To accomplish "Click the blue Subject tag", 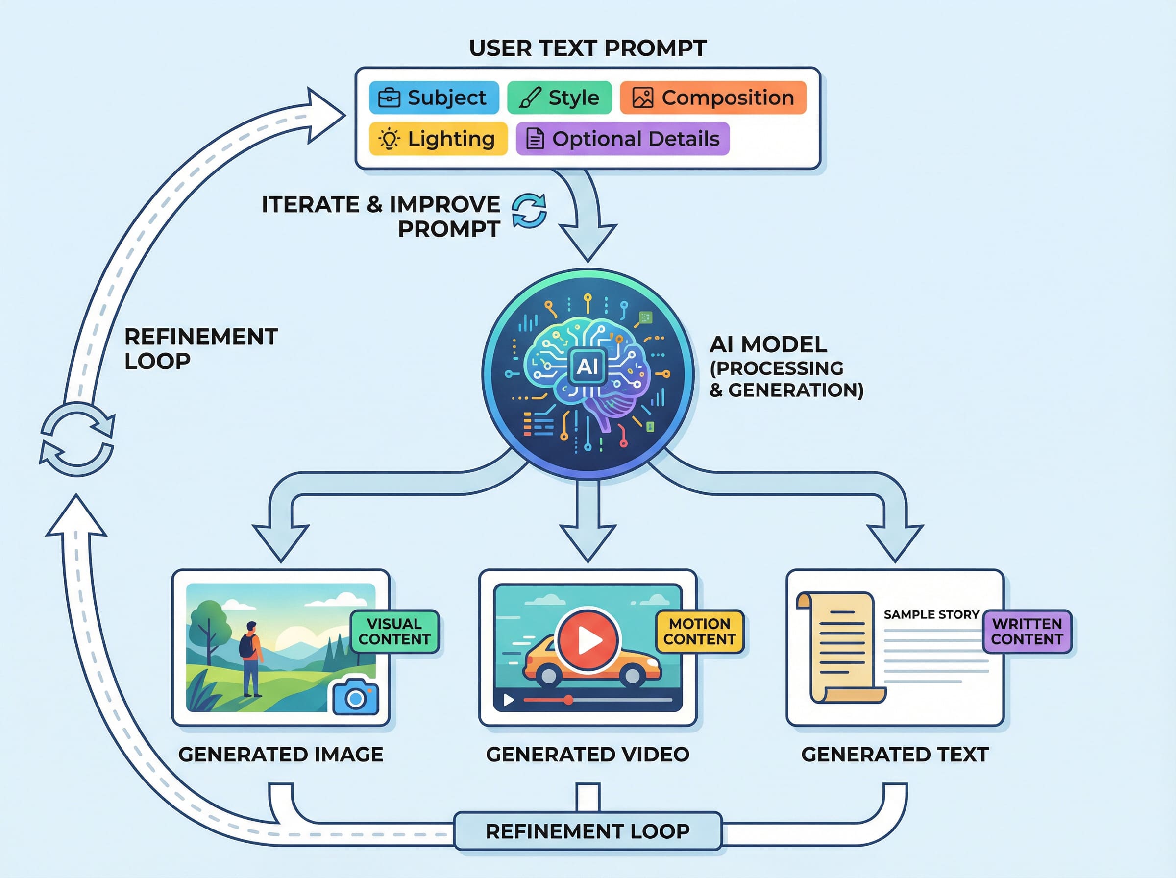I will click(x=434, y=98).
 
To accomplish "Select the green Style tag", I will click(x=559, y=98).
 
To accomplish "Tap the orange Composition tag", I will click(x=712, y=98).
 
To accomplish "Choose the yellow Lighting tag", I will click(x=438, y=139).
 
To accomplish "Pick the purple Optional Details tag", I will click(x=622, y=139).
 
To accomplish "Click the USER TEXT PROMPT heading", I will click(x=587, y=49).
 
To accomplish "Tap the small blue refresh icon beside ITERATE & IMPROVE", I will click(x=529, y=211).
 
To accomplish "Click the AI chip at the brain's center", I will click(x=587, y=366).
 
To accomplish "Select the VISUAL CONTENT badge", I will click(x=394, y=632).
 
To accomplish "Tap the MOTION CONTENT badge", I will click(x=699, y=632).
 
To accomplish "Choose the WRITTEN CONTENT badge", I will click(x=1027, y=632).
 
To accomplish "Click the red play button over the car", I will click(x=587, y=640).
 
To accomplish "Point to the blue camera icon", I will click(x=356, y=697).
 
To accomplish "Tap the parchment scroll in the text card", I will click(x=840, y=648).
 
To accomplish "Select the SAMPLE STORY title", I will click(x=931, y=614).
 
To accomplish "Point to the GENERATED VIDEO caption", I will click(x=587, y=754).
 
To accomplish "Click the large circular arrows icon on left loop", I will click(x=77, y=439).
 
